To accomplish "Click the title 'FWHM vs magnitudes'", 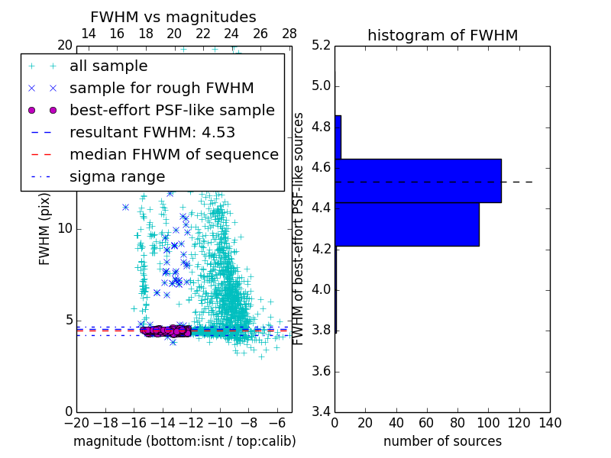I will [x=173, y=17].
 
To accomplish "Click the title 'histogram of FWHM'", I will [x=442, y=35].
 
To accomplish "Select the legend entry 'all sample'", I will [x=108, y=66].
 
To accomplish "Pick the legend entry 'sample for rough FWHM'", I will [x=161, y=88].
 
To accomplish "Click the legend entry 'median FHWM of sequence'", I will [x=173, y=154].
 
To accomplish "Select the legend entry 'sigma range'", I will [x=117, y=176].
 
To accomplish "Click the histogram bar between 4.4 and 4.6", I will [x=418, y=180].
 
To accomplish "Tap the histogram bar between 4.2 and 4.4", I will [x=406, y=224].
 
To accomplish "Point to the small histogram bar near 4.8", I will [x=338, y=137].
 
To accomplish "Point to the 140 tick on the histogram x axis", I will [x=550, y=423].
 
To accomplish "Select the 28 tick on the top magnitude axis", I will [x=289, y=34].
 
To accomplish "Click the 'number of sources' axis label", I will [x=442, y=441].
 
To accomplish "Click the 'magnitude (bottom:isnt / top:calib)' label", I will [x=184, y=441].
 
